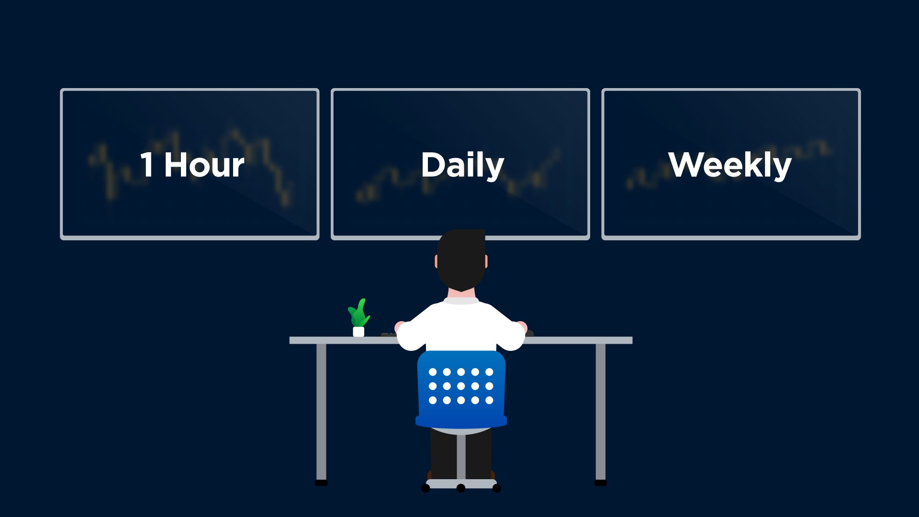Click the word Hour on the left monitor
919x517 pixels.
[x=204, y=165]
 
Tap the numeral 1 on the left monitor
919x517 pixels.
[x=147, y=165]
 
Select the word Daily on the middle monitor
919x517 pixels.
[x=463, y=166]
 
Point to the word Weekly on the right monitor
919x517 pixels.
[x=730, y=166]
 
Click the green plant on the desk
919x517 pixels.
[x=359, y=314]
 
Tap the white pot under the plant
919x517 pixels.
[x=359, y=332]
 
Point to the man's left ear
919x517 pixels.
[x=436, y=261]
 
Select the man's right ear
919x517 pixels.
[x=486, y=261]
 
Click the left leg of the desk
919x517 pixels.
[x=321, y=412]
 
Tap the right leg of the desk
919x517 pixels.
[x=600, y=412]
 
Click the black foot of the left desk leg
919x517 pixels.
[x=321, y=483]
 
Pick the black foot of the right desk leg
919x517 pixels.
[x=601, y=483]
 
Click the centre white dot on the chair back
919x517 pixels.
[x=461, y=386]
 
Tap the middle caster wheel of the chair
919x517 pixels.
[x=461, y=488]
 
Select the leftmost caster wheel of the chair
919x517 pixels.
[x=426, y=488]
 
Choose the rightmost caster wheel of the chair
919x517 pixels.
[x=497, y=488]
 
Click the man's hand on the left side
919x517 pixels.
[x=399, y=327]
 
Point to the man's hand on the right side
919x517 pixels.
[x=522, y=327]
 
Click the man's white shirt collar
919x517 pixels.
[x=461, y=301]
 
